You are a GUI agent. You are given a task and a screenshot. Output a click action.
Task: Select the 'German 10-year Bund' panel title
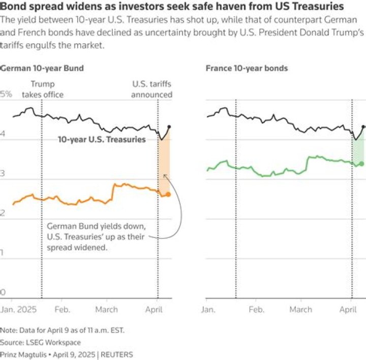(x=42, y=68)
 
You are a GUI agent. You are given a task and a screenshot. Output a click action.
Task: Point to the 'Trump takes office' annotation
(x=42, y=89)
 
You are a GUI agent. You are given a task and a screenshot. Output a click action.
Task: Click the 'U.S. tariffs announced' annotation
(x=151, y=89)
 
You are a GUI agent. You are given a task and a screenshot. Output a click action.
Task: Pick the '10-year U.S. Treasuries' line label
(x=102, y=139)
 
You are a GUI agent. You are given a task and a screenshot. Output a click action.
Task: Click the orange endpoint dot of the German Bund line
(x=168, y=194)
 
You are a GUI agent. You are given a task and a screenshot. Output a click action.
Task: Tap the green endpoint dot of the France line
(x=361, y=163)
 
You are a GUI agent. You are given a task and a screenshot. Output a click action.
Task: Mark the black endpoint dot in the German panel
(x=169, y=127)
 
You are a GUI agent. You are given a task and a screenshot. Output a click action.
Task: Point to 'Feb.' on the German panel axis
(x=62, y=309)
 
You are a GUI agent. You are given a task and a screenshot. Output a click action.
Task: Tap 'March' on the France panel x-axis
(x=300, y=309)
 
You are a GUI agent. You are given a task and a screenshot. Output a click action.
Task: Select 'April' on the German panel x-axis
(x=156, y=309)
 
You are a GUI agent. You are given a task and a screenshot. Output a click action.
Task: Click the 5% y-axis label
(x=6, y=94)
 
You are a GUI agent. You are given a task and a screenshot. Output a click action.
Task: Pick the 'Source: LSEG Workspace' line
(x=40, y=342)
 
